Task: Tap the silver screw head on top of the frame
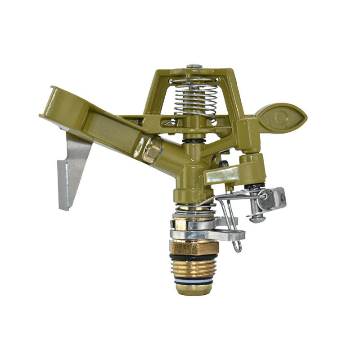tap(194, 67)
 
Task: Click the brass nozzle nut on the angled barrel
tap(152, 149)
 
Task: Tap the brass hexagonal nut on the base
tap(194, 247)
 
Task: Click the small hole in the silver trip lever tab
tap(282, 196)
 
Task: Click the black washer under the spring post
tap(194, 141)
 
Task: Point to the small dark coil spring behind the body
tap(222, 165)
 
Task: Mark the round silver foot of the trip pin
tap(257, 220)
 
